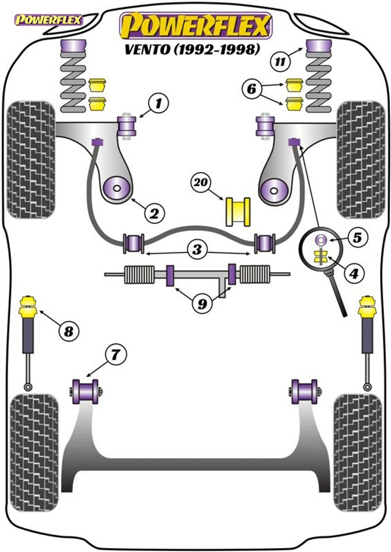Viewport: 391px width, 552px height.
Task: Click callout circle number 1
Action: click(158, 104)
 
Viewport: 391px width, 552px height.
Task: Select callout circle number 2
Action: click(153, 213)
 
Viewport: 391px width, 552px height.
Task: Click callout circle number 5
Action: click(357, 237)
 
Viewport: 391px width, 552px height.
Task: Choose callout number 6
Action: click(252, 89)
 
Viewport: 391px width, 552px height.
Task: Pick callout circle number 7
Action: click(114, 354)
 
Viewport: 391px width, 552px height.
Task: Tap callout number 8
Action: click(69, 332)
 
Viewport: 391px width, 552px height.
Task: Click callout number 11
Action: click(280, 61)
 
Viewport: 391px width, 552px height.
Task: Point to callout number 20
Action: click(201, 183)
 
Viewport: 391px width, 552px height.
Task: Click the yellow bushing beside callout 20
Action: click(238, 211)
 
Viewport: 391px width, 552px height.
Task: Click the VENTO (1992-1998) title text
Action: click(191, 50)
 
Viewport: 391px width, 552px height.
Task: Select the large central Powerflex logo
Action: click(195, 25)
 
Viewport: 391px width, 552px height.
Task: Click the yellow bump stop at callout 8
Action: click(27, 305)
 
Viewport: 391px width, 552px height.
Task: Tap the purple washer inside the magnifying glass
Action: click(320, 239)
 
